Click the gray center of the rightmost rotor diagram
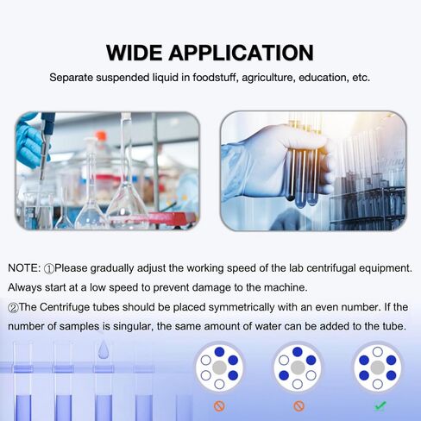pos(377,368)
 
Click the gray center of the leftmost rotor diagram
pos(219,368)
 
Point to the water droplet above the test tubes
pos(103,349)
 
